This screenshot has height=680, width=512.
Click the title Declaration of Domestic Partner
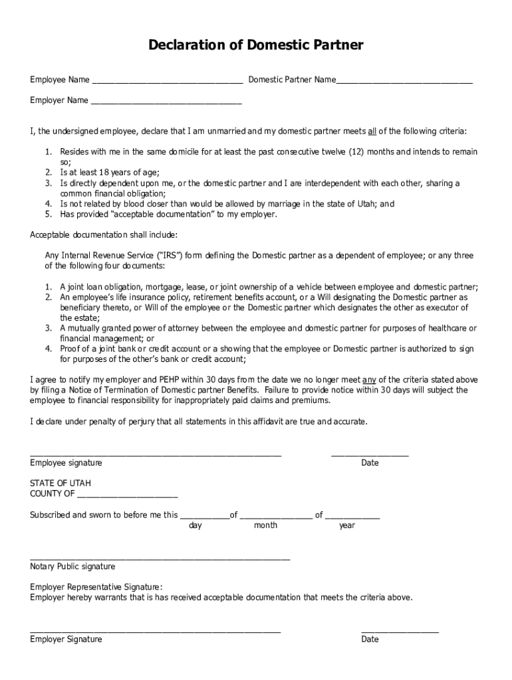[x=256, y=45]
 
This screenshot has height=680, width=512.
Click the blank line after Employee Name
[x=167, y=83]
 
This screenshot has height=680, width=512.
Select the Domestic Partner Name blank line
[x=404, y=83]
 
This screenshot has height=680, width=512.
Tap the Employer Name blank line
[x=166, y=104]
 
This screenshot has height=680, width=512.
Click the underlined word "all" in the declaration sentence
[x=372, y=131]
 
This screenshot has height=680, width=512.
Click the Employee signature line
[x=156, y=456]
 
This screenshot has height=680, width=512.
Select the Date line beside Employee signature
[x=370, y=456]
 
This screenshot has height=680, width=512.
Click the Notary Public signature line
[x=160, y=559]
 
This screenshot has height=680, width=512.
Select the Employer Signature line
[x=156, y=632]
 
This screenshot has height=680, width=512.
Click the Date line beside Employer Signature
[x=400, y=632]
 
